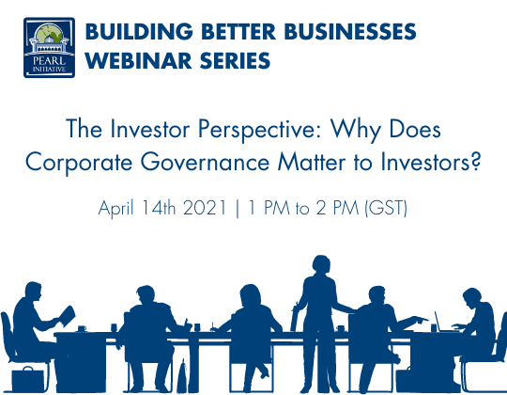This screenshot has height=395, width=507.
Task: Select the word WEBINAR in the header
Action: click(133, 60)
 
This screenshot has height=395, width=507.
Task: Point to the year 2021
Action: click(206, 208)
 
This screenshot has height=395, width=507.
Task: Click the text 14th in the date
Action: click(160, 208)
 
